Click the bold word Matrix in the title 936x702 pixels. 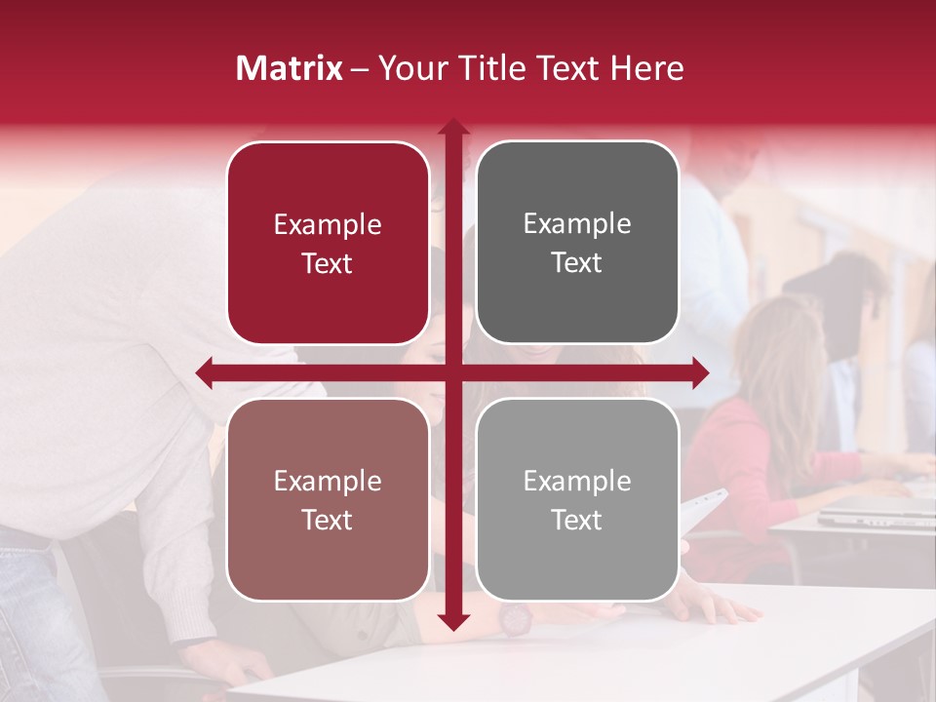[x=290, y=68]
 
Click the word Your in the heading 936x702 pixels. [x=410, y=68]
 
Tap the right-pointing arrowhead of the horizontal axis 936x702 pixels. [x=699, y=372]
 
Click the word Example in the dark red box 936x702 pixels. [x=328, y=225]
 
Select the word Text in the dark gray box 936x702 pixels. [x=577, y=263]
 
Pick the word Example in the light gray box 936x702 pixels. [x=577, y=481]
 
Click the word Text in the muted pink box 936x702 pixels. [x=328, y=520]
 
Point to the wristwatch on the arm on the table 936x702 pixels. [x=512, y=616]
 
